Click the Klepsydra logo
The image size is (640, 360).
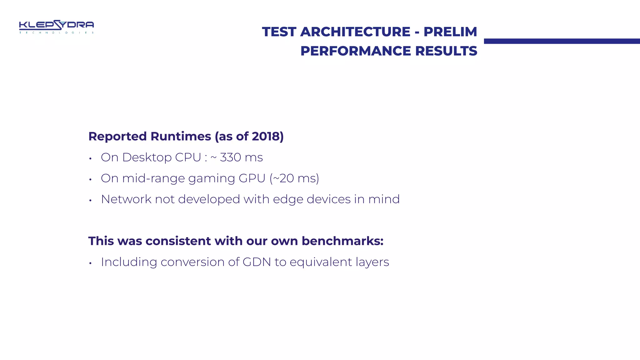point(56,27)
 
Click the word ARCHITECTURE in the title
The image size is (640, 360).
point(355,32)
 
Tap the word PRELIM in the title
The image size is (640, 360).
point(450,32)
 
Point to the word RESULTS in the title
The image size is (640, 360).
point(446,51)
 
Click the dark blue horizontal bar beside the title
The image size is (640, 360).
point(562,41)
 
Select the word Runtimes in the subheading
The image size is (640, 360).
point(181,137)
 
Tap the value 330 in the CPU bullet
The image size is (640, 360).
point(230,157)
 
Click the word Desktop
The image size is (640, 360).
point(147,157)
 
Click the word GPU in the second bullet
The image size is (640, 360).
point(252,178)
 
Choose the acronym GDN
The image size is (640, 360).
point(257,262)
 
